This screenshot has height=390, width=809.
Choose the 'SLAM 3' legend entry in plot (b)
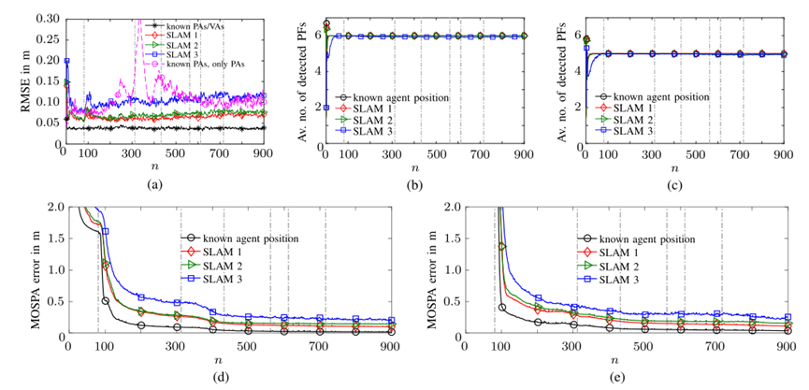374,132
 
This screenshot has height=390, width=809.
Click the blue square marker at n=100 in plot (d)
105,231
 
